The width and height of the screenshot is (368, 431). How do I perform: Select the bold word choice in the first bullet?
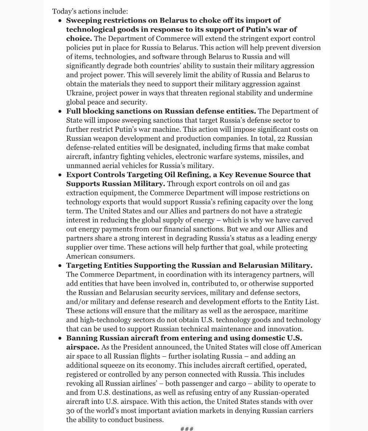(x=78, y=38)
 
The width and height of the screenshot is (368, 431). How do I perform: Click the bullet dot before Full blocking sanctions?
(x=60, y=112)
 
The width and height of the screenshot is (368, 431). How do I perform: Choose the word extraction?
(x=82, y=193)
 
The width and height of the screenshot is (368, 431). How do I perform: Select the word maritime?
(x=294, y=311)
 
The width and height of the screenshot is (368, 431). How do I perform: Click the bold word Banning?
(x=81, y=338)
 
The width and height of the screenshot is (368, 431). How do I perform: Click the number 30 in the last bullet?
(x=70, y=411)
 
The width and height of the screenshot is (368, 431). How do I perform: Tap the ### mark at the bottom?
(x=187, y=428)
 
